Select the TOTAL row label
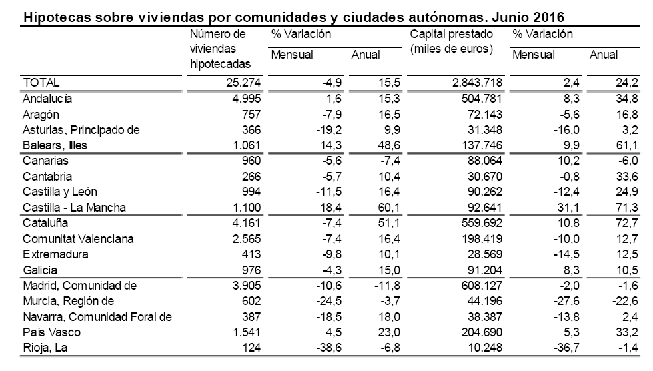point(41,83)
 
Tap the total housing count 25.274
point(241,83)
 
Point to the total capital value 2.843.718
point(472,83)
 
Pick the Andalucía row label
point(47,98)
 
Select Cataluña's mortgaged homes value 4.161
point(247,223)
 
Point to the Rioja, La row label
point(45,348)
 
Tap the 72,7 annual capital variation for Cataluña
point(627,223)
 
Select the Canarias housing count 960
point(251,161)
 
